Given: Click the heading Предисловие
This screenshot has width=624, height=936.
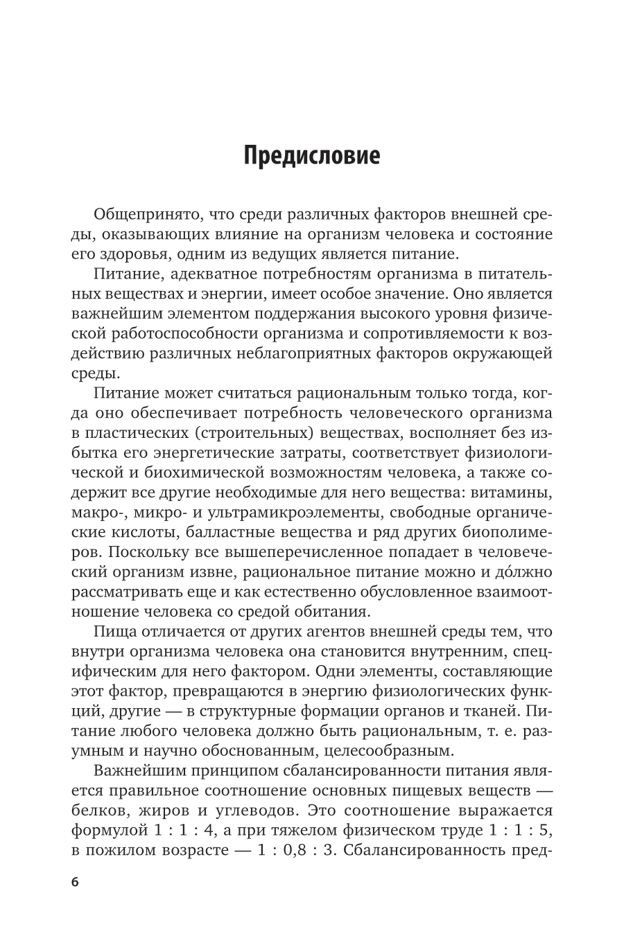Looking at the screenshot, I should [x=312, y=155].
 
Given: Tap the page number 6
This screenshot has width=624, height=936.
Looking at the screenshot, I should [x=75, y=901].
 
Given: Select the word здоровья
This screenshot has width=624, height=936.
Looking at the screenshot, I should [x=128, y=254].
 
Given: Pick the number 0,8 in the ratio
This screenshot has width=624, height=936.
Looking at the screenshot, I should [x=283, y=851].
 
